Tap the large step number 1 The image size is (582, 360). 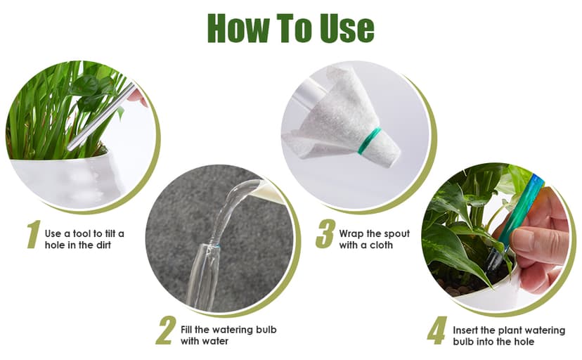tap(34, 234)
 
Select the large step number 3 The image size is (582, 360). tap(325, 234)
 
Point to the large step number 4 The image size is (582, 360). tap(436, 330)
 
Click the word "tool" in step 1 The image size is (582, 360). tap(82, 234)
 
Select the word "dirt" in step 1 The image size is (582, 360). tap(103, 245)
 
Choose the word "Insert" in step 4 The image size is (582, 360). tap(465, 330)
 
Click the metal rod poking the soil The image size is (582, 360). tap(101, 116)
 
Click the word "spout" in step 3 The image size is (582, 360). tap(396, 234)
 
